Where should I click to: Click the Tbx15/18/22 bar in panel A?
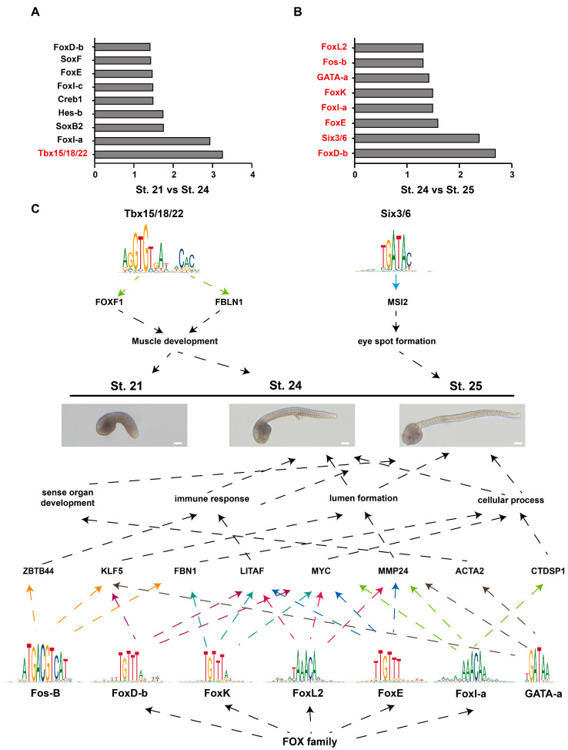pyautogui.click(x=159, y=154)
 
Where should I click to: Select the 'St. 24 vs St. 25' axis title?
pyautogui.click(x=433, y=189)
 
